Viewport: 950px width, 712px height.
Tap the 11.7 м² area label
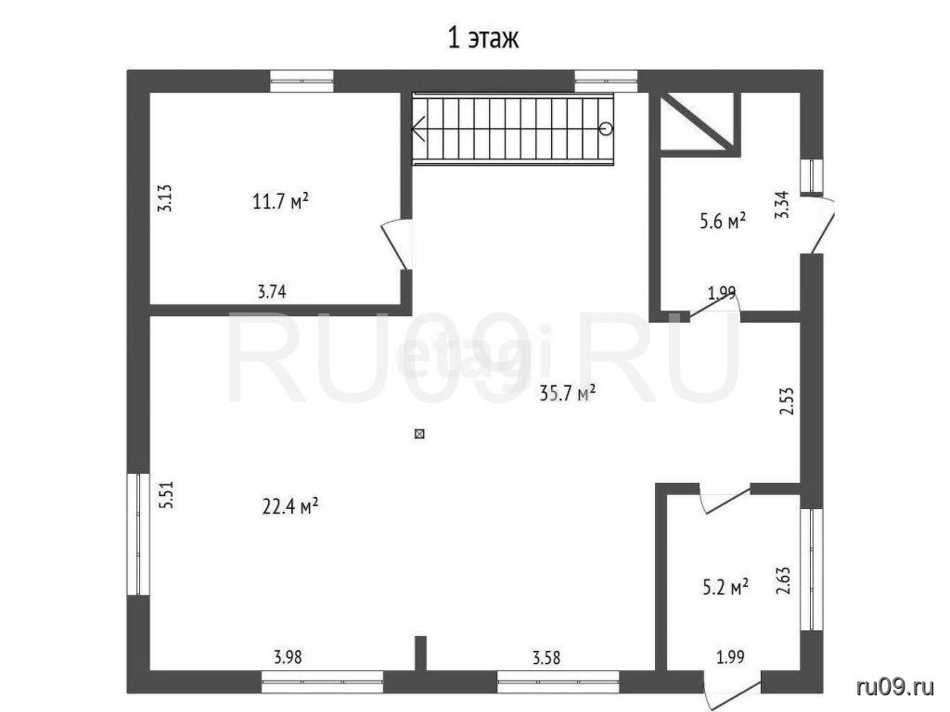[x=280, y=201]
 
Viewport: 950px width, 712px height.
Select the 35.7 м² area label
[x=568, y=394]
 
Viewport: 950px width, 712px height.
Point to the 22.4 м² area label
[x=290, y=505]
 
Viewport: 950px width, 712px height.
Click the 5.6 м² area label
[x=722, y=221]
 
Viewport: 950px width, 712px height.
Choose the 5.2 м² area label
[x=725, y=587]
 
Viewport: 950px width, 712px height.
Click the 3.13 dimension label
[x=165, y=197]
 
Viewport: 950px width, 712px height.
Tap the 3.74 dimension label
[x=272, y=292]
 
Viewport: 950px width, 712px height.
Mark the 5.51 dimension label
[x=166, y=494]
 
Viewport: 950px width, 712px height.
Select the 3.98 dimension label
[x=288, y=657]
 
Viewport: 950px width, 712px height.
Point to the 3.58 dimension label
[x=546, y=657]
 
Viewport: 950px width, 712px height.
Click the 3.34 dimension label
[x=783, y=205]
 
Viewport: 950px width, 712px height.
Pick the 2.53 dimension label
[x=786, y=400]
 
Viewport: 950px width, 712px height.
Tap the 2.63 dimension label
[x=783, y=580]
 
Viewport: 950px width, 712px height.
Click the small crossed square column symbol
[x=419, y=434]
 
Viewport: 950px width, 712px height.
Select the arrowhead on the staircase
[x=418, y=129]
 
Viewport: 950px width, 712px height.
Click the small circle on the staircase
[x=606, y=128]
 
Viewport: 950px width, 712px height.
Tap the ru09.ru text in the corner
[x=895, y=686]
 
